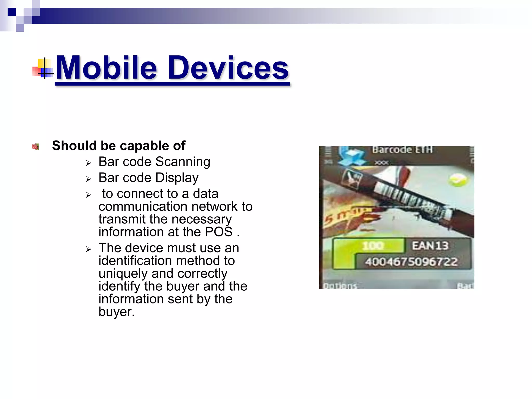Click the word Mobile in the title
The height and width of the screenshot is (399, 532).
[107, 68]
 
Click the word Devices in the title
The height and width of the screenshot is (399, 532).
[228, 68]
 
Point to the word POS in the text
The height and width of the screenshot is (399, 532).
[218, 232]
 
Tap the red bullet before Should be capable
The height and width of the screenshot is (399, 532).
[35, 147]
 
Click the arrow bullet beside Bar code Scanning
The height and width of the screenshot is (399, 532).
[89, 163]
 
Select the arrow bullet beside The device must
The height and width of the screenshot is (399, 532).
[89, 249]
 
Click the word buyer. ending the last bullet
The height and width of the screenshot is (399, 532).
[117, 312]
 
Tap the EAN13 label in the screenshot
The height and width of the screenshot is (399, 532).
[430, 246]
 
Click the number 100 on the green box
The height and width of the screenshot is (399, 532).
[373, 246]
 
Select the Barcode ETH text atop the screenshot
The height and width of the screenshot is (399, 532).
[402, 150]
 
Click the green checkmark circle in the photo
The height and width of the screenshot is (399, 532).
[458, 180]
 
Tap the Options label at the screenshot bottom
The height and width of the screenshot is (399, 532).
[340, 286]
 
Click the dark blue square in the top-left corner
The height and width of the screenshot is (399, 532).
[12, 12]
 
